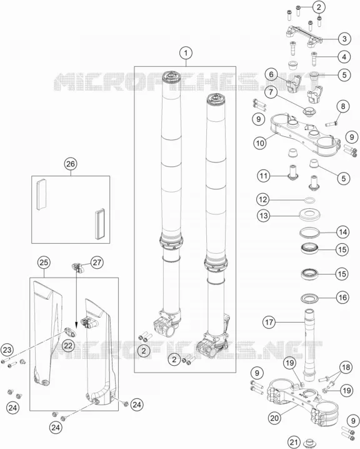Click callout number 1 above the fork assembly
186,53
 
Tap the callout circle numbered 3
344,39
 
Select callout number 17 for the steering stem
269,323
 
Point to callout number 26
71,164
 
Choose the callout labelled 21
294,442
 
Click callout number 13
263,215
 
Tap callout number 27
97,262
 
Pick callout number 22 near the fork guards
68,346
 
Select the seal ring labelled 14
309,232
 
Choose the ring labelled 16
310,298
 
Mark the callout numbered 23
7,350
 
